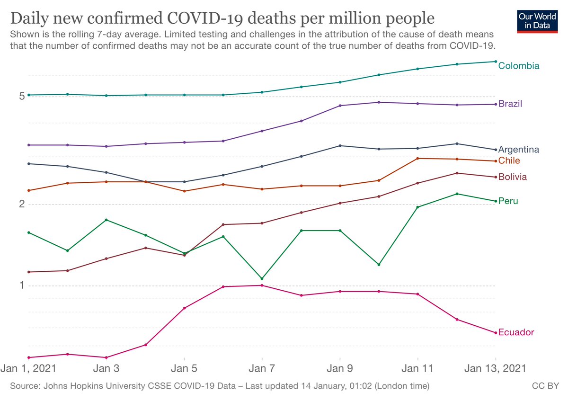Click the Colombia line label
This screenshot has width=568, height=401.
(x=518, y=66)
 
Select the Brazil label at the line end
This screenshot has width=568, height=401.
(x=510, y=104)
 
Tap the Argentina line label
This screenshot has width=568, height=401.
(x=518, y=150)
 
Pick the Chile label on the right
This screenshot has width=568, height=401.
(x=509, y=161)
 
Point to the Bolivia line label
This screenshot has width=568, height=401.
(x=513, y=177)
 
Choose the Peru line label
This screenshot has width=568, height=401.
(x=508, y=201)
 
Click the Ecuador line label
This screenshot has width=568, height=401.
(x=516, y=332)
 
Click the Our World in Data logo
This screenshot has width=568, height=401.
(x=538, y=19)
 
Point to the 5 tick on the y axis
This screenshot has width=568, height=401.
(x=21, y=97)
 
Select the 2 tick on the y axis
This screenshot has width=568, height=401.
(x=21, y=205)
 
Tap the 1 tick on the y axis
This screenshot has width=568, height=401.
(x=21, y=285)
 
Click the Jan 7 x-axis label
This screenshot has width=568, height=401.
(x=262, y=368)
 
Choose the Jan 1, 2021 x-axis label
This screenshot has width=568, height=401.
(x=29, y=368)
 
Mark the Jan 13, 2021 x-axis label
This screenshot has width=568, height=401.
(x=495, y=368)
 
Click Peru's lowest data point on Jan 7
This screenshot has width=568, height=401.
(x=262, y=278)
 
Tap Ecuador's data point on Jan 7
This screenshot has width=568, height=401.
(x=262, y=285)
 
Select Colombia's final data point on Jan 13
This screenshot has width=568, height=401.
(x=496, y=62)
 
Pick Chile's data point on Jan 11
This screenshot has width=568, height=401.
(x=417, y=159)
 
